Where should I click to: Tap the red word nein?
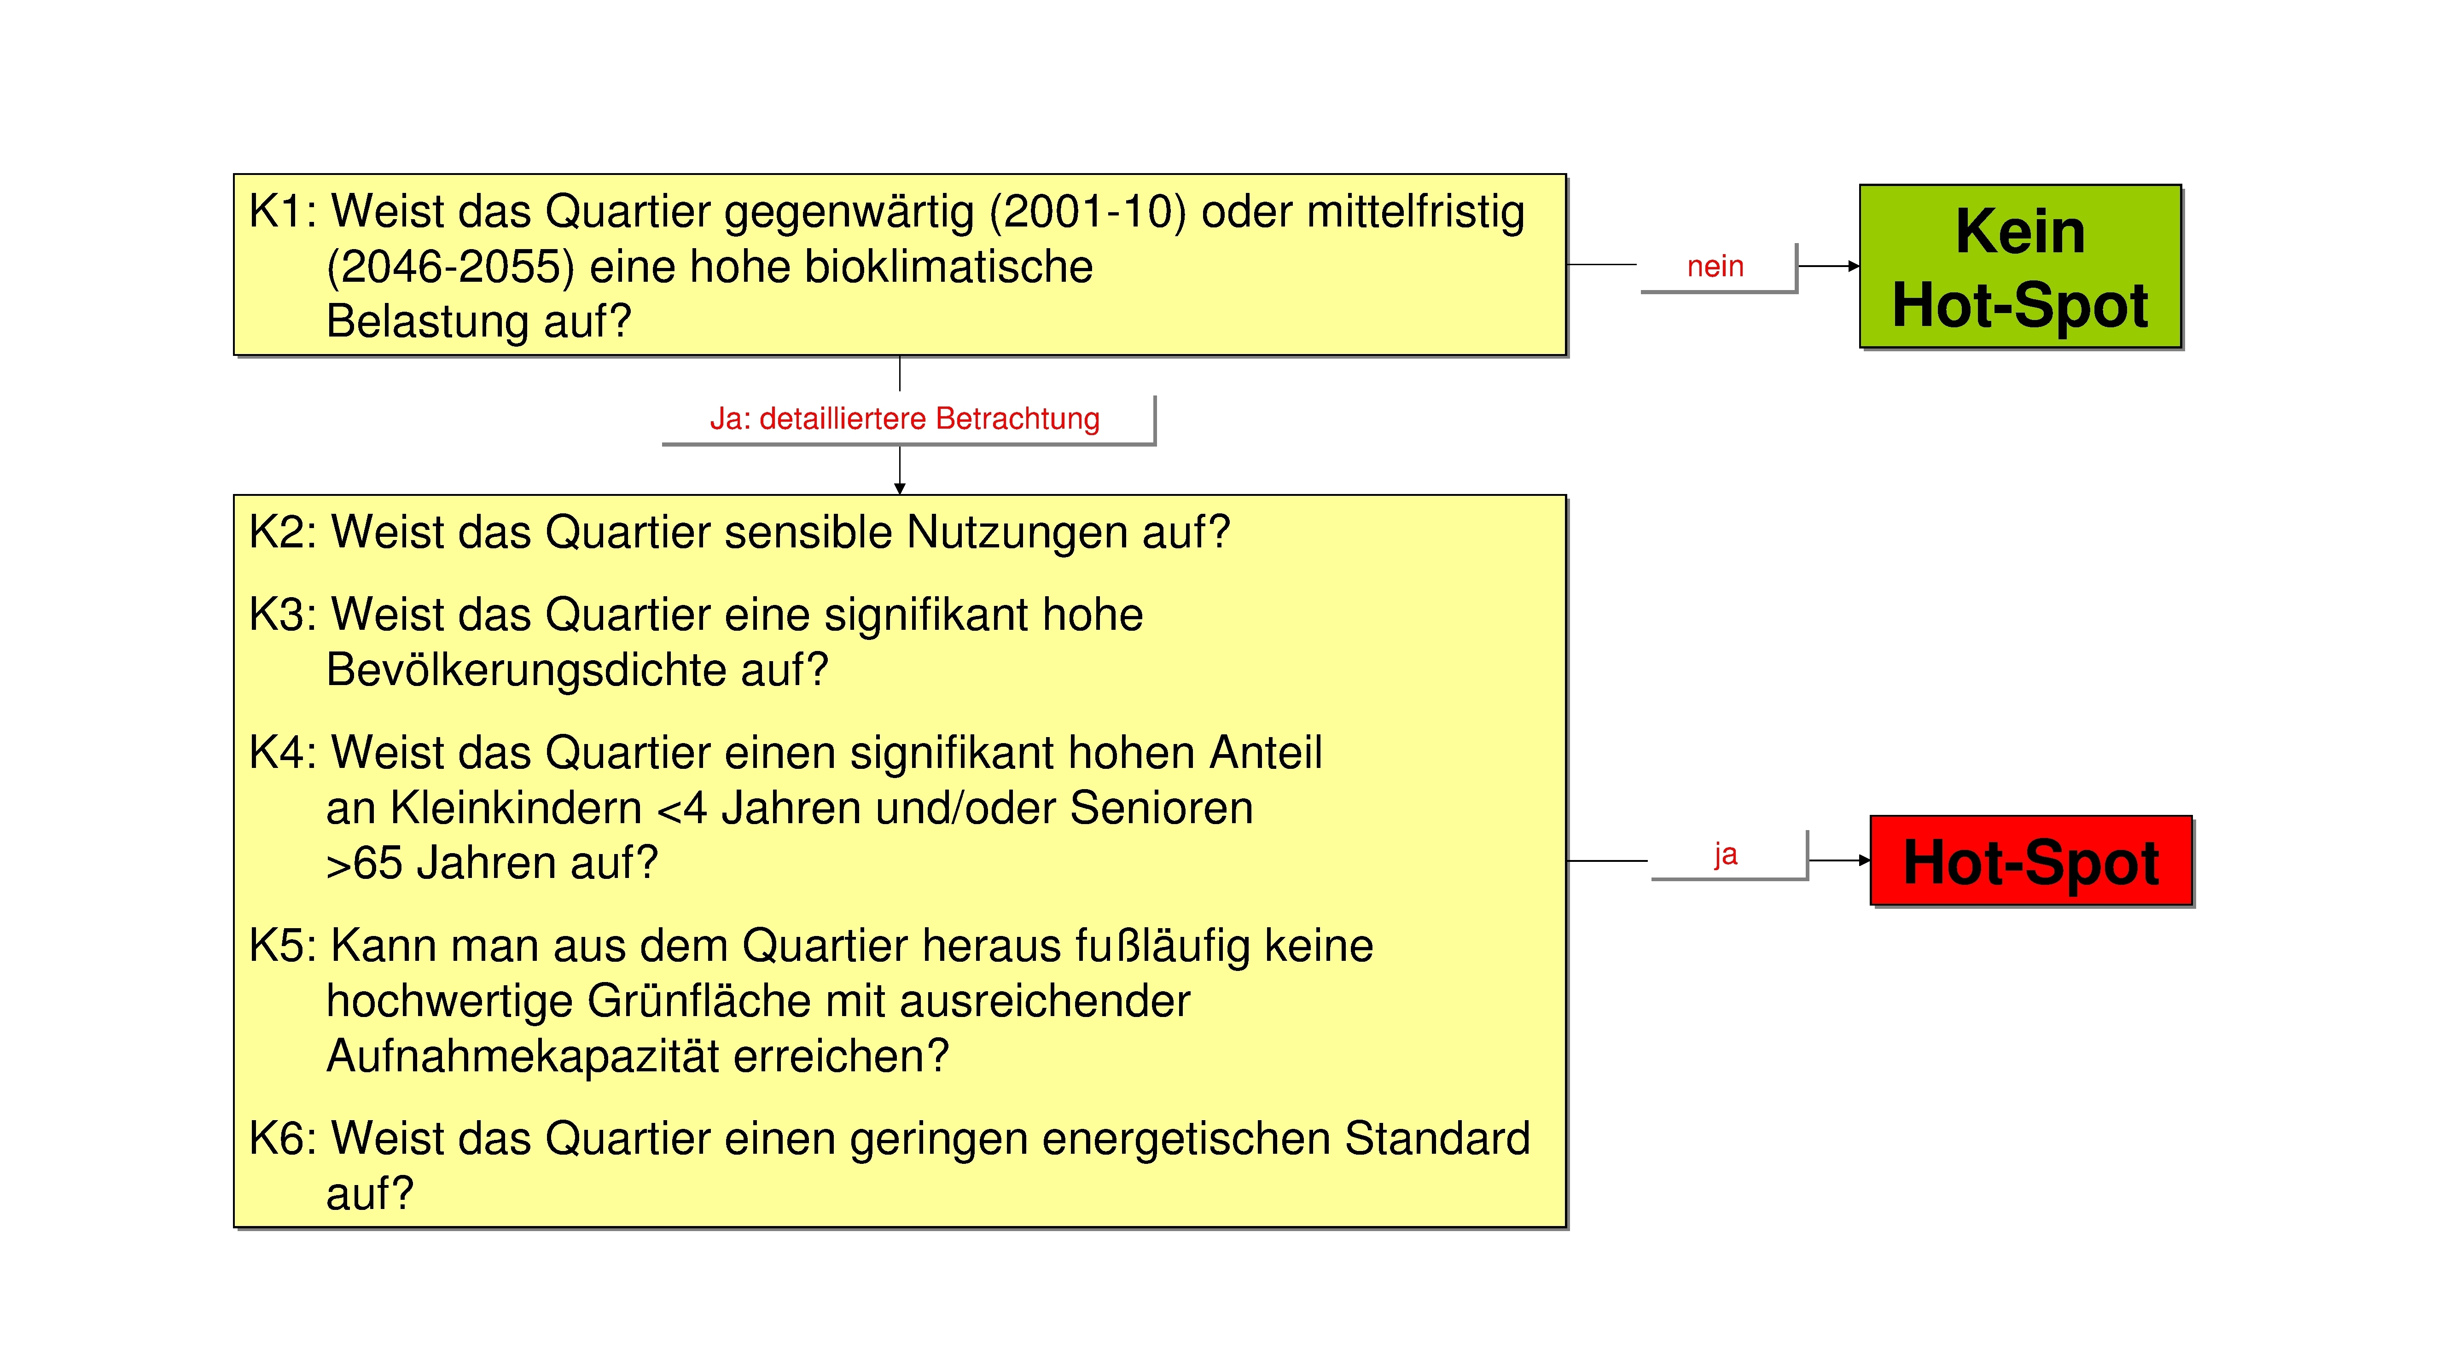click(x=1715, y=267)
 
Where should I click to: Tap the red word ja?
click(x=1726, y=854)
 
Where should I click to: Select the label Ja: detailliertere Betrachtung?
click(x=905, y=419)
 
